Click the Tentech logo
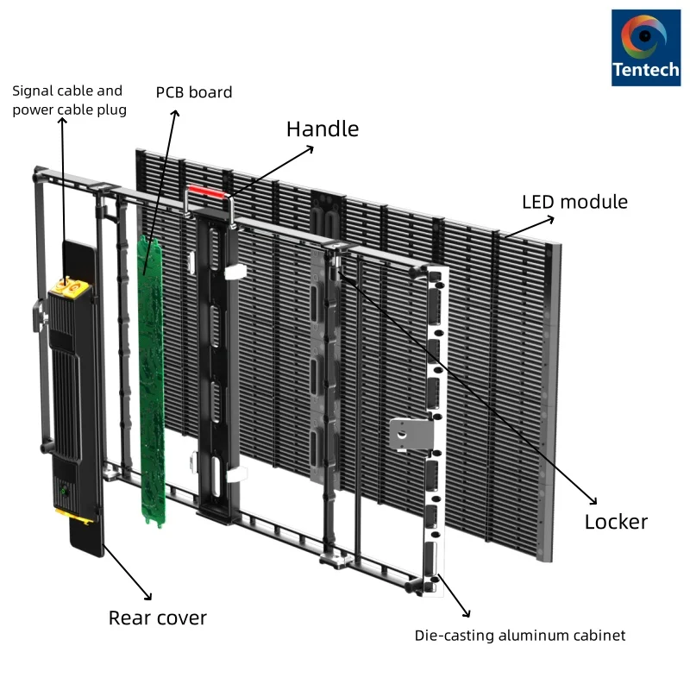coord(645,47)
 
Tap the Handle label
coord(322,129)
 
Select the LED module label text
coord(574,203)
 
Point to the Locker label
coord(615,522)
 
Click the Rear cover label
coord(157,618)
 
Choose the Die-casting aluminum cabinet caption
coord(520,636)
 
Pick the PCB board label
coord(194,92)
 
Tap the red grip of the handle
coord(206,189)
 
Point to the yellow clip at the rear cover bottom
coord(75,516)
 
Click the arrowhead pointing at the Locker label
coord(593,500)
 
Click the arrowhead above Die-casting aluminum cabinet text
coord(467,614)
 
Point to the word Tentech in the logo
coord(645,69)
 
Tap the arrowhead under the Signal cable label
coord(62,122)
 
